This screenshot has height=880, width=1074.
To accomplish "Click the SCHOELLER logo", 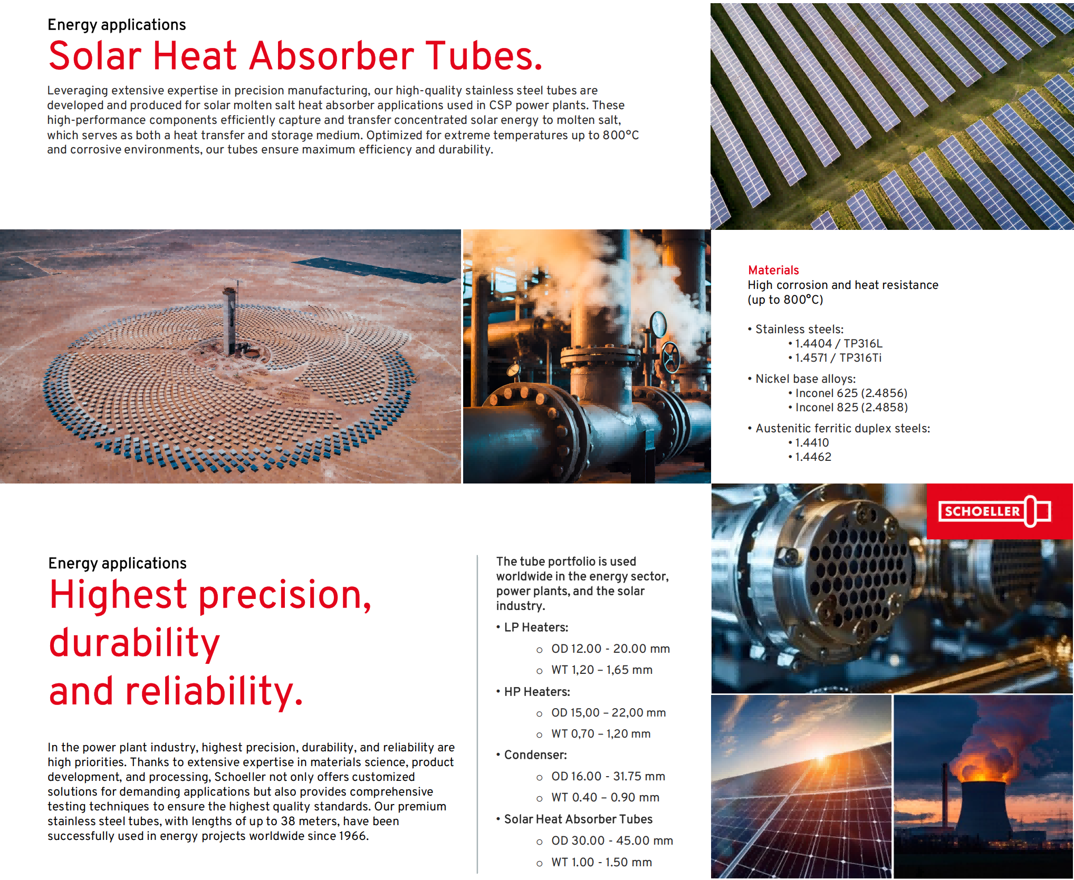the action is tap(995, 511).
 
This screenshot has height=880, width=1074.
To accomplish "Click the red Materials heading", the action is tap(773, 270).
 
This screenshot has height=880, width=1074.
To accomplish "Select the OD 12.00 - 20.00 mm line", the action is tap(610, 649).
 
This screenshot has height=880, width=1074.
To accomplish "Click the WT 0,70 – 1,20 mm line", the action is tap(601, 733).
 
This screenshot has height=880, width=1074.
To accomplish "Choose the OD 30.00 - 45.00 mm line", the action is tap(612, 840).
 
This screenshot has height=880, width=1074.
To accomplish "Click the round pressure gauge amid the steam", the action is tap(658, 324).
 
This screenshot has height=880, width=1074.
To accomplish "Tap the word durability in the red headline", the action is tap(134, 643).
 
